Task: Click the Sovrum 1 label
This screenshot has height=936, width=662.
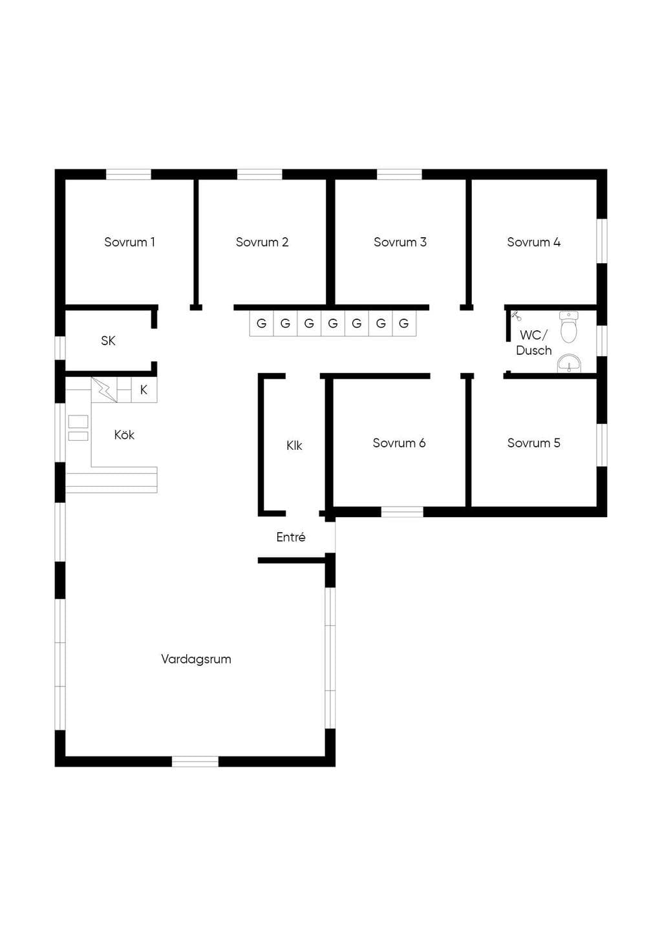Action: coord(129,242)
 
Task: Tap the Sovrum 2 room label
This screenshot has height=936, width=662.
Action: coord(262,242)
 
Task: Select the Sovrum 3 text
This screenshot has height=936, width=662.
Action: coord(400,242)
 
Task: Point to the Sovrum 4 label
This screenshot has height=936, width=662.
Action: coord(534,242)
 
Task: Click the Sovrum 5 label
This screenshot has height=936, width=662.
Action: coord(534,443)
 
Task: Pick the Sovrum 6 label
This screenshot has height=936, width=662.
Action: coord(399,443)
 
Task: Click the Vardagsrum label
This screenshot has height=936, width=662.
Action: coord(196,659)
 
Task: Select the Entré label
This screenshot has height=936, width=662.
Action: coord(291,537)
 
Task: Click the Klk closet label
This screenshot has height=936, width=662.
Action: coord(294,445)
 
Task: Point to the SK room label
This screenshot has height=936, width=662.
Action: coord(108,341)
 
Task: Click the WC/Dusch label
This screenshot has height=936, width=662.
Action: coord(534,343)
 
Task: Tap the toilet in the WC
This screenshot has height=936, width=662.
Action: coord(569,327)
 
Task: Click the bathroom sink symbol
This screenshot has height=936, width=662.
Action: coord(569,363)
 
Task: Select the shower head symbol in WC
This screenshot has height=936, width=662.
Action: coord(517,315)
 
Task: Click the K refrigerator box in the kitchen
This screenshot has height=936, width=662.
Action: coord(144,390)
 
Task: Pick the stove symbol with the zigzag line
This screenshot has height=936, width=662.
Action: coord(104,390)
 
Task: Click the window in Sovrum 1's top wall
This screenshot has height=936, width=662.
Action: coord(128,175)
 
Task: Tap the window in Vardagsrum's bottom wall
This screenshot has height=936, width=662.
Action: coord(195,761)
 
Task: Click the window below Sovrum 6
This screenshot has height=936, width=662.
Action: coord(402,512)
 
